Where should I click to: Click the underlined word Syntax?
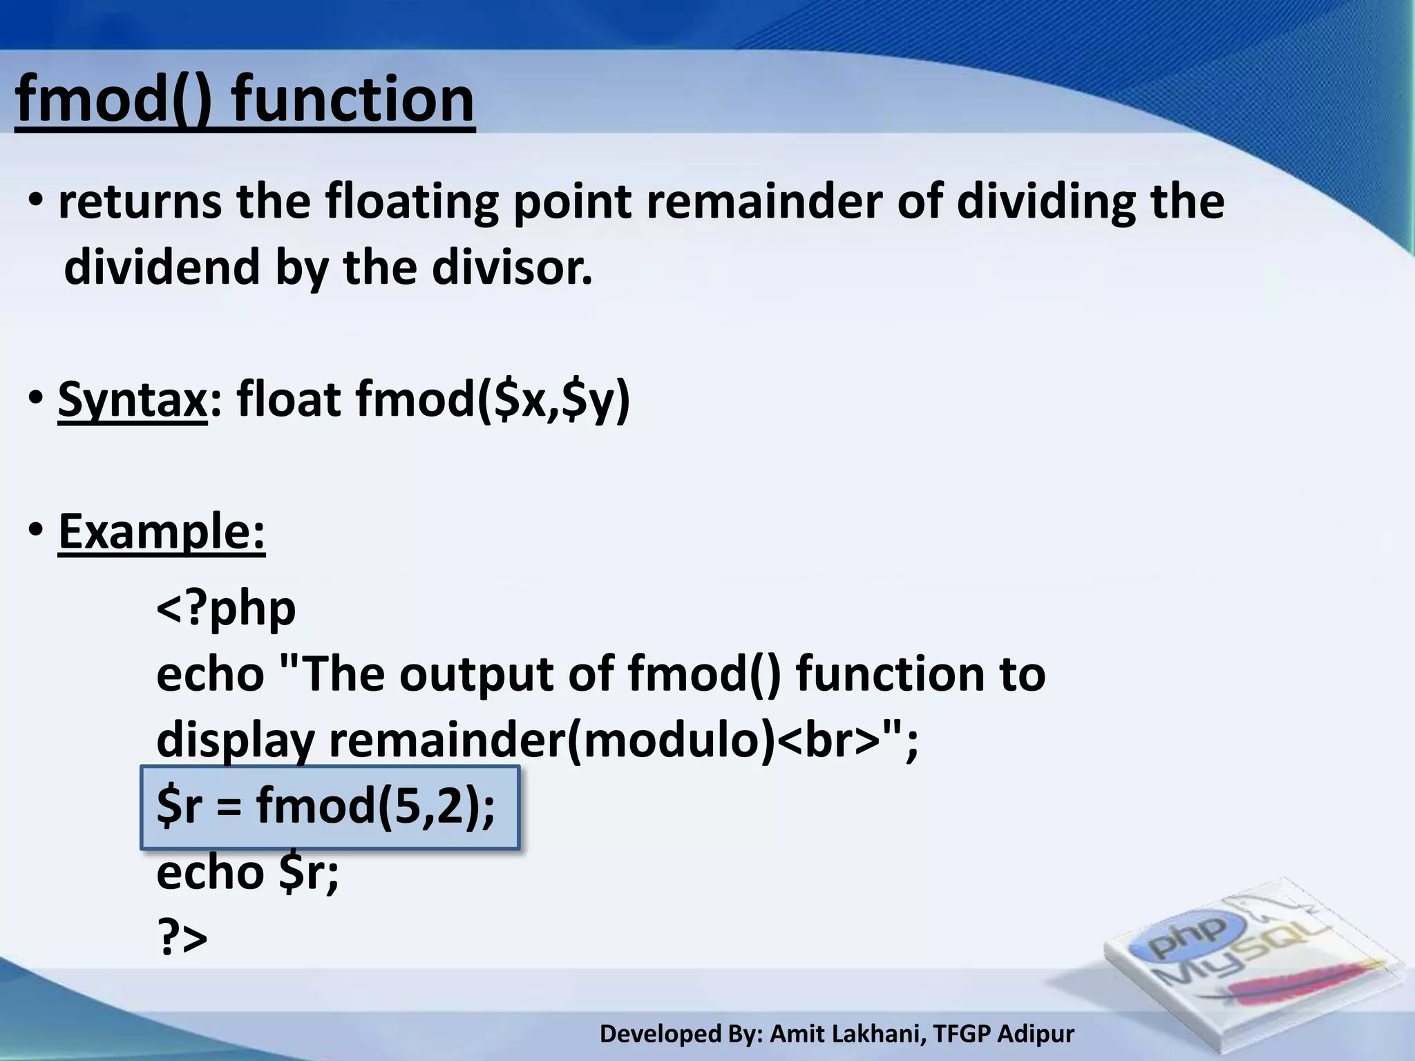[132, 399]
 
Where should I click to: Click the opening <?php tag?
[226, 609]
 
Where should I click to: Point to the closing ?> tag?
[182, 937]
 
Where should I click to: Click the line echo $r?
[247, 872]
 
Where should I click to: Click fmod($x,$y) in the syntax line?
[492, 399]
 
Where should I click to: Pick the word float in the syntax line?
[289, 399]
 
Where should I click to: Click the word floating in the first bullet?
[411, 202]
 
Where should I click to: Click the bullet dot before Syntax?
[36, 399]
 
